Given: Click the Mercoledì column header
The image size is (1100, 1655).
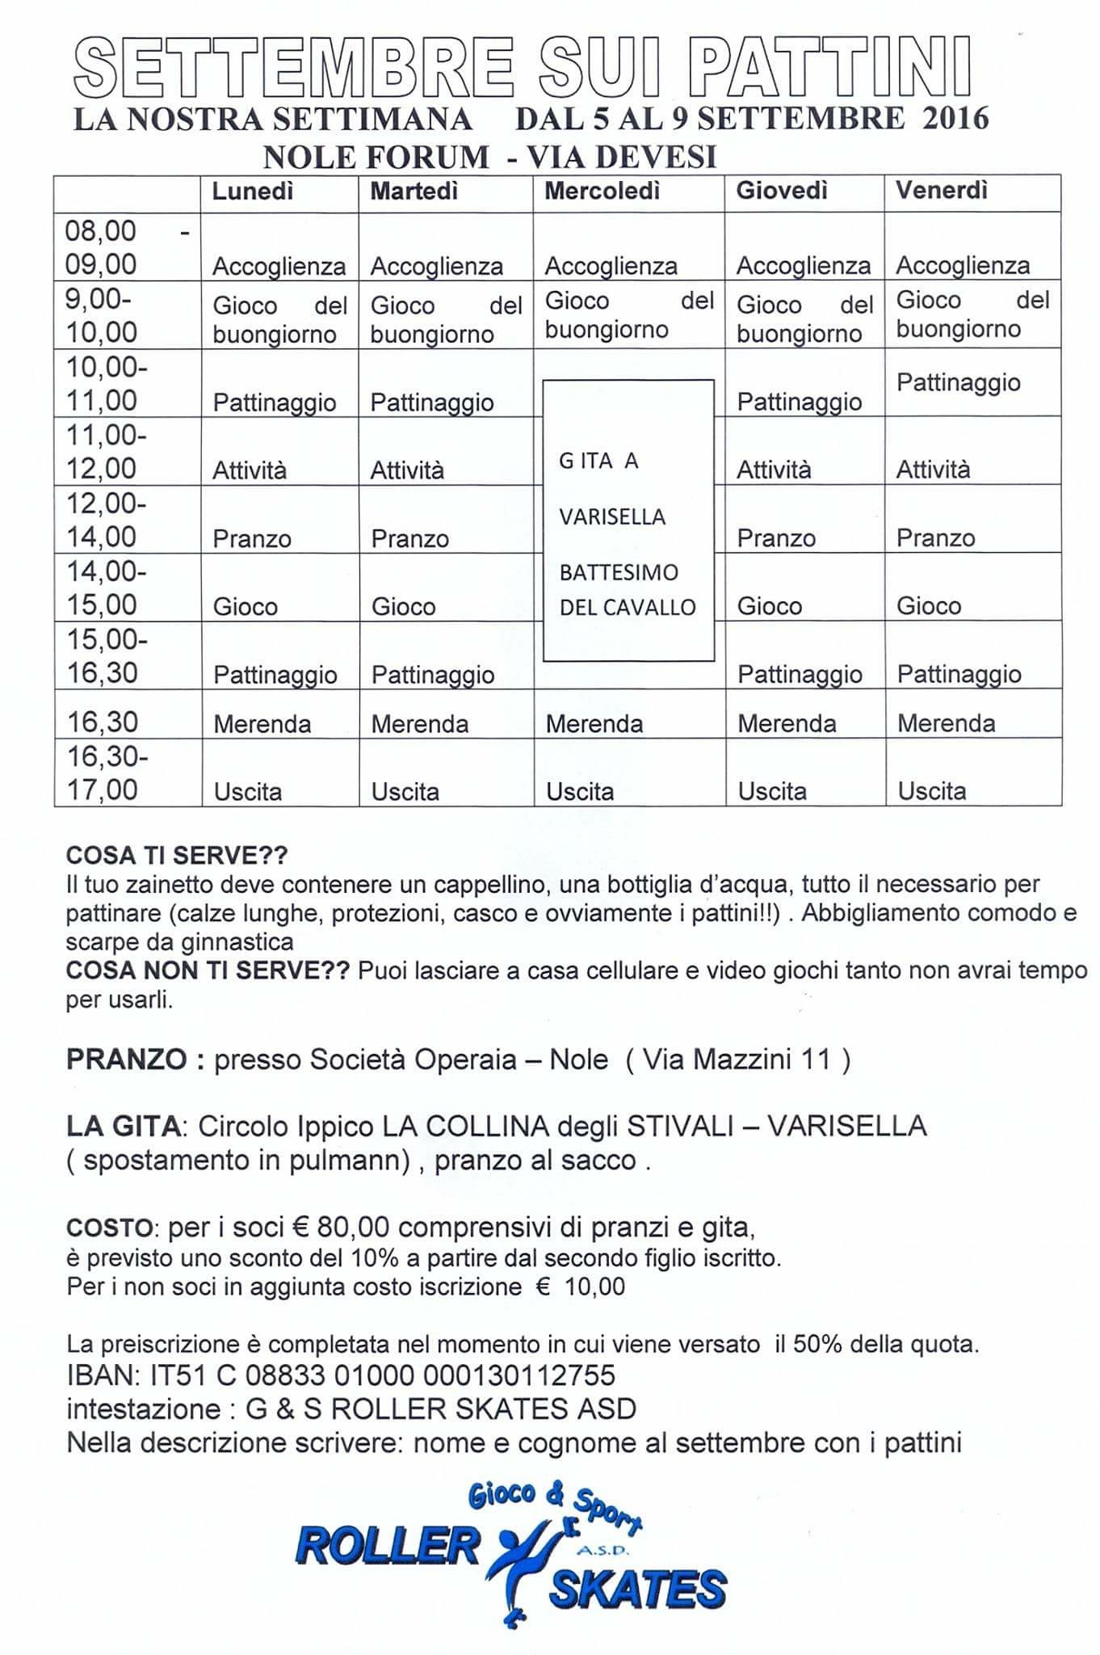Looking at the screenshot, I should [602, 191].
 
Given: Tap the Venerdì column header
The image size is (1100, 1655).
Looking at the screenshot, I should [942, 191].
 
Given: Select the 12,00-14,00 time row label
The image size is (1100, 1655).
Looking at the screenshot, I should [106, 520].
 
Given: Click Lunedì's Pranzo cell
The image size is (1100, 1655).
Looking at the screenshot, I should [252, 538].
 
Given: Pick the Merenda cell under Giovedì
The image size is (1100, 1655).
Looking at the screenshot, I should [787, 723].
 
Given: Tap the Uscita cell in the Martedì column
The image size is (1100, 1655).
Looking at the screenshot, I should [405, 791].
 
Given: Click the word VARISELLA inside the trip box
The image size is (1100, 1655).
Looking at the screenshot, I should [612, 516].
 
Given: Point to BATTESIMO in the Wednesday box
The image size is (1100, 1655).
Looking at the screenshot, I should [619, 573].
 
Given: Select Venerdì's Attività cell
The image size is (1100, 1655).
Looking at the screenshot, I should [933, 470].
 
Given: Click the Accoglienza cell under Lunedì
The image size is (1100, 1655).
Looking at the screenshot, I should [279, 266].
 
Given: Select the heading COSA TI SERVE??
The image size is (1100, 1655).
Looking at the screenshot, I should [177, 855].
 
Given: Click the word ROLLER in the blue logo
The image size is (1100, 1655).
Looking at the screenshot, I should [388, 1545].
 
